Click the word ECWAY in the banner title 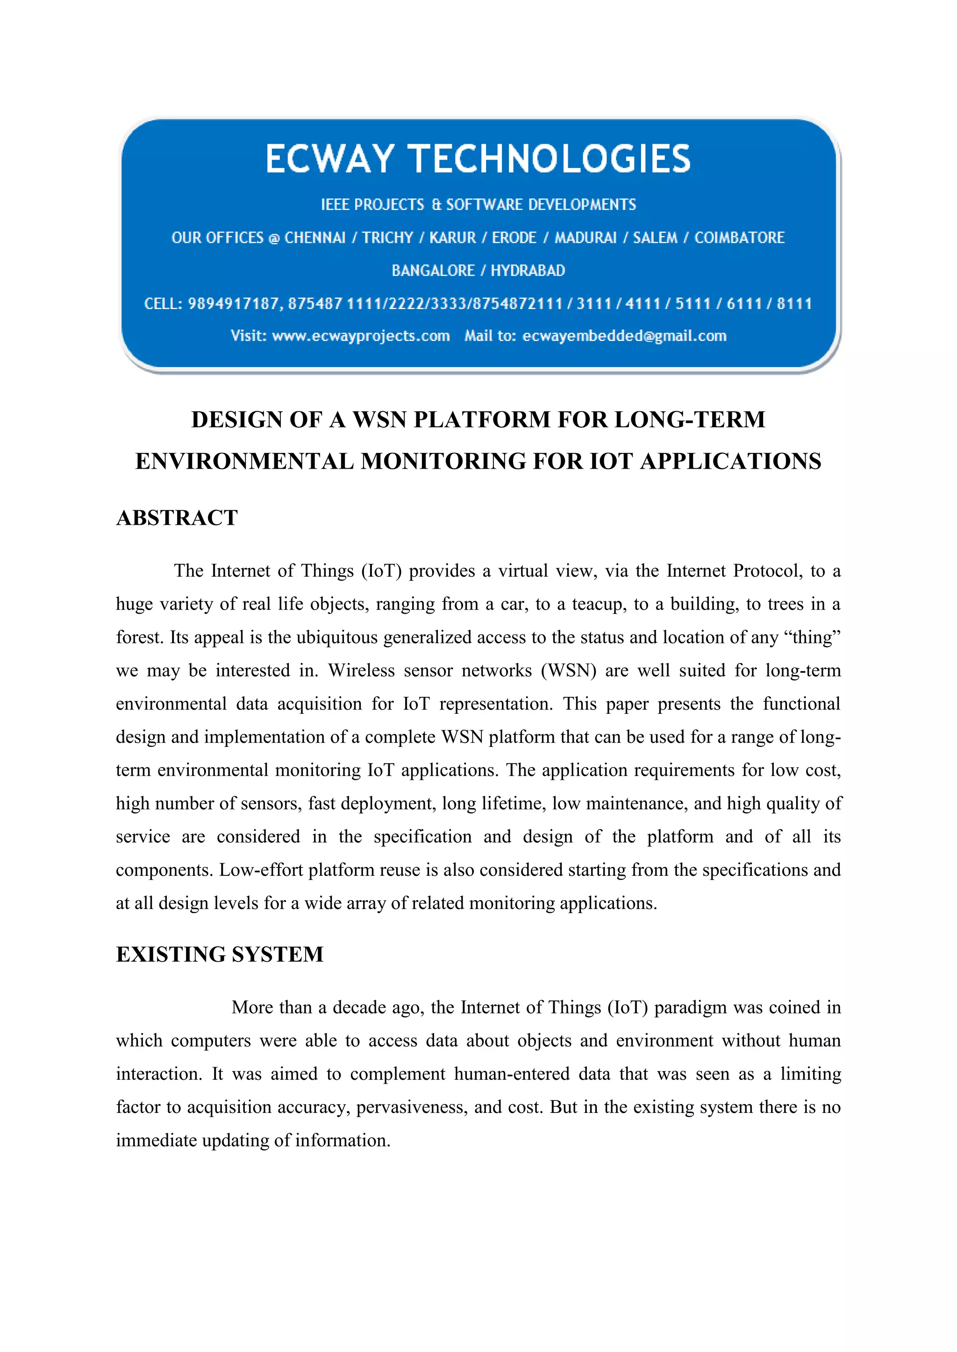pos(329,159)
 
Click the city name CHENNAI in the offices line pos(314,238)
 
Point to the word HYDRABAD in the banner pos(528,271)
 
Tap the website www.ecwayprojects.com pos(361,336)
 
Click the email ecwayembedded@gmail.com pos(624,336)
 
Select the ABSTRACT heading pos(177,518)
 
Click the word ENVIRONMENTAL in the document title pos(244,461)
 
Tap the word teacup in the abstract pos(599,605)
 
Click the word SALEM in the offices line pos(655,238)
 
